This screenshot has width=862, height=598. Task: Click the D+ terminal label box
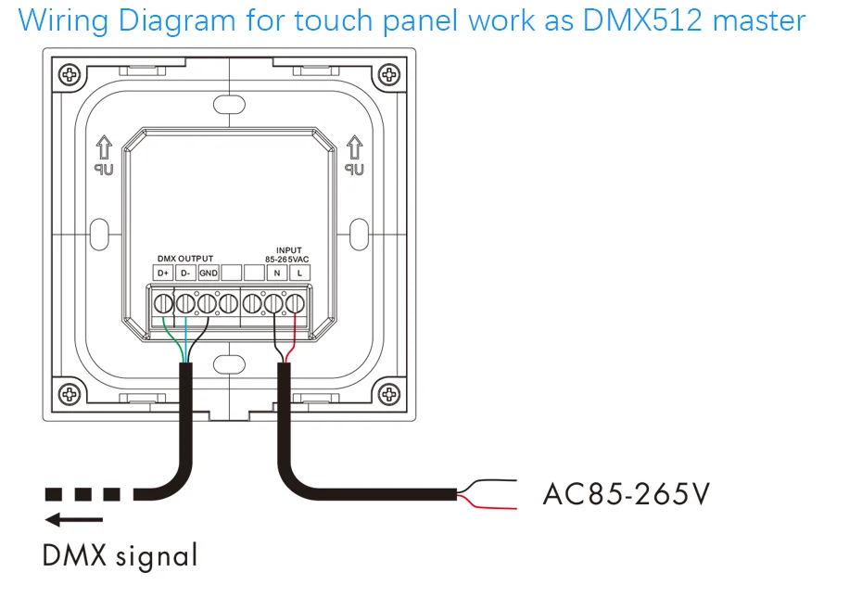[163, 273]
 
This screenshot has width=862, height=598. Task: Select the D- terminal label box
[185, 273]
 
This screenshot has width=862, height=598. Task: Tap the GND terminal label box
[209, 273]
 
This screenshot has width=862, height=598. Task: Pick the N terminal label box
[277, 273]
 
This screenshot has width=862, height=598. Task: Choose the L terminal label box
[299, 273]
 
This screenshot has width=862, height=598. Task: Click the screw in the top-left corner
[70, 74]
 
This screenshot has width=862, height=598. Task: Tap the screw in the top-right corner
[389, 74]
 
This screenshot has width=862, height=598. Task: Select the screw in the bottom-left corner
[70, 394]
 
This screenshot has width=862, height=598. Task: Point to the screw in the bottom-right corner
[389, 394]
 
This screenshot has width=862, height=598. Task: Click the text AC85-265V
[627, 493]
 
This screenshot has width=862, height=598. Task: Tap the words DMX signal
[120, 555]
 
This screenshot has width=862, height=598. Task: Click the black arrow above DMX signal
[73, 519]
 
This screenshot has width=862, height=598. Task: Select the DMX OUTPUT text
[185, 259]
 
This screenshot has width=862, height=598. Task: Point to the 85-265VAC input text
[287, 259]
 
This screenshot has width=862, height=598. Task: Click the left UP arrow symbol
[104, 148]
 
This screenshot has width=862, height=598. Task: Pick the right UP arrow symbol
[355, 148]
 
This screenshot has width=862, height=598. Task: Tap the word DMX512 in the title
[642, 20]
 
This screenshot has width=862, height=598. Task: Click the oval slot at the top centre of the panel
[229, 105]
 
